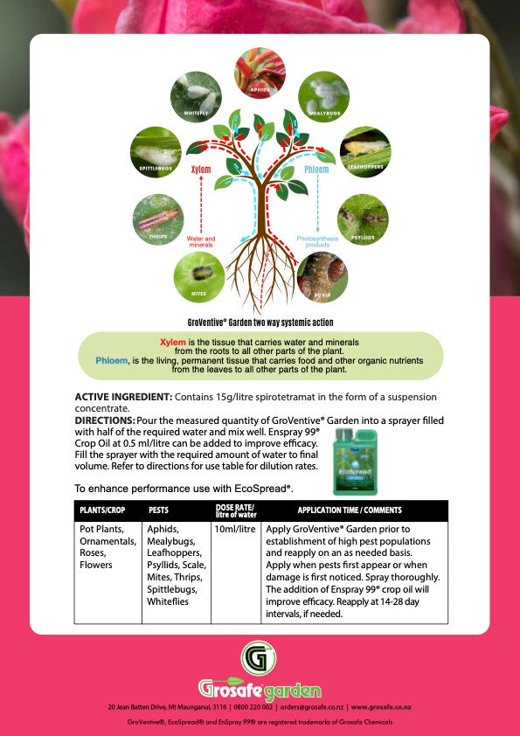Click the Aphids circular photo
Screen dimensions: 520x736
pyautogui.click(x=260, y=73)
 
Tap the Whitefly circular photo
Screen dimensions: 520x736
pyautogui.click(x=197, y=96)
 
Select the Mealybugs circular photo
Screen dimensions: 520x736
pyautogui.click(x=323, y=96)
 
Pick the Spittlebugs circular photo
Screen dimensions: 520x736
pyautogui.click(x=156, y=152)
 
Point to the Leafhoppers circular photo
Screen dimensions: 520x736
pyautogui.click(x=364, y=152)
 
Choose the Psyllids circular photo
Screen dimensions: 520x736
pyautogui.click(x=363, y=219)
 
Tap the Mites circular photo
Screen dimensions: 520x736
pyautogui.click(x=199, y=277)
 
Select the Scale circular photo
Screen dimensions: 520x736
pyautogui.click(x=322, y=277)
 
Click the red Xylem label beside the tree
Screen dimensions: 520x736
pyautogui.click(x=201, y=170)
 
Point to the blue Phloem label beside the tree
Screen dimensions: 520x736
pyautogui.click(x=316, y=170)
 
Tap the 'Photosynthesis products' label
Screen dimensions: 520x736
pyautogui.click(x=317, y=241)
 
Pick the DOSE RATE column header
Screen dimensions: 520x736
pyautogui.click(x=234, y=510)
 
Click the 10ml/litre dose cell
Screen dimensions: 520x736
pyautogui.click(x=234, y=530)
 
